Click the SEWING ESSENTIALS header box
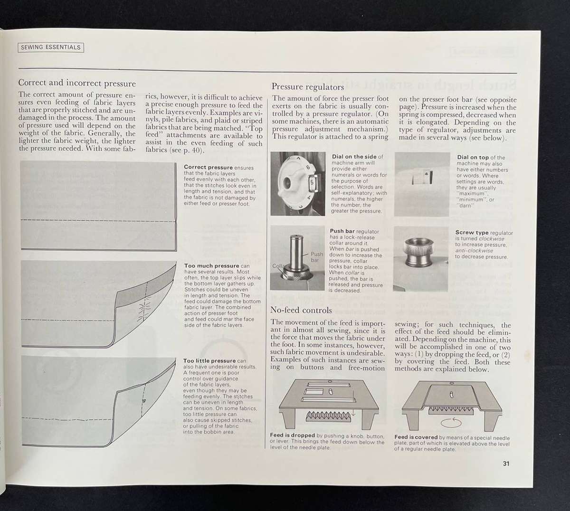pos(50,47)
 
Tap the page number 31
pos(506,464)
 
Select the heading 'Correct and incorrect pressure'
pos(77,83)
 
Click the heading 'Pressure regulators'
pos(307,87)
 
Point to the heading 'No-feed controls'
pos(301,310)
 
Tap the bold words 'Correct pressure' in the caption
pos(208,168)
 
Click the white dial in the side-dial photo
pos(293,183)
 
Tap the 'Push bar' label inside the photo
pos(316,257)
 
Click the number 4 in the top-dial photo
pos(427,174)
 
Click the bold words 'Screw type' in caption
pos(471,233)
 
